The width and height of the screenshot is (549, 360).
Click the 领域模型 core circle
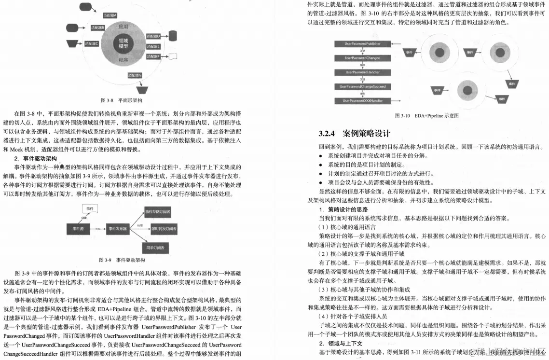(123, 44)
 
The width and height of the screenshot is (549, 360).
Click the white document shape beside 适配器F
(172, 56)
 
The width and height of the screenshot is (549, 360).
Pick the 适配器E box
(153, 46)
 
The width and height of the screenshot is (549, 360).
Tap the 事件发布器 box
(121, 229)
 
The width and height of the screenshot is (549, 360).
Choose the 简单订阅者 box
(155, 248)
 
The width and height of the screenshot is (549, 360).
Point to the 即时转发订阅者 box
(164, 228)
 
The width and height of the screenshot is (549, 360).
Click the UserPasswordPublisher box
(362, 43)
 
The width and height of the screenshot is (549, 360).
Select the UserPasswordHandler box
(362, 72)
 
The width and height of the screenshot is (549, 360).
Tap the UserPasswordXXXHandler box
(362, 101)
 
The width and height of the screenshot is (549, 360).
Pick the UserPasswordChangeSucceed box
(362, 86)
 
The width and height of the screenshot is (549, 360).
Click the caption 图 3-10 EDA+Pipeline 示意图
(426, 116)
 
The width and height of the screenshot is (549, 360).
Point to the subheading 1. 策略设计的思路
(343, 209)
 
